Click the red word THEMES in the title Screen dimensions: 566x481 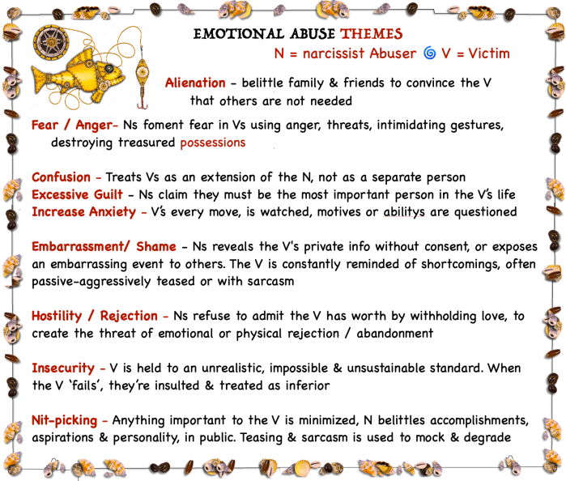click(372, 34)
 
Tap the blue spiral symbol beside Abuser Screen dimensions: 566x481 click(429, 53)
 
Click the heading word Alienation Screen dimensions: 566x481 click(195, 83)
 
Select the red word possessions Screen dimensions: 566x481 click(213, 143)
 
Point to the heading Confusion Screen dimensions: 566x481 click(61, 177)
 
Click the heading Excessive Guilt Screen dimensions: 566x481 click(77, 194)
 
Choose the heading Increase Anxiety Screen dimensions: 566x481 click(83, 212)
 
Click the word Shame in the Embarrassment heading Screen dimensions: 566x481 click(156, 247)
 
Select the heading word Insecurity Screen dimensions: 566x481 click(63, 368)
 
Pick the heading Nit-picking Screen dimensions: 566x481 click(65, 420)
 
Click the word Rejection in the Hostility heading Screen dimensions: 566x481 click(129, 316)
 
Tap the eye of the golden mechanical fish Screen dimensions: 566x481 click(109, 68)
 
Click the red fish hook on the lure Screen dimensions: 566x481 click(143, 104)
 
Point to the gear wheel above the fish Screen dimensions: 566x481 click(51, 43)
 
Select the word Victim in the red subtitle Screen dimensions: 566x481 click(489, 53)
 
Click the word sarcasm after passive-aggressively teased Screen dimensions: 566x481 click(270, 281)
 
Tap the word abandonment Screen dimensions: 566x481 click(395, 334)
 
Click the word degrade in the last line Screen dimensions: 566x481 click(487, 437)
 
